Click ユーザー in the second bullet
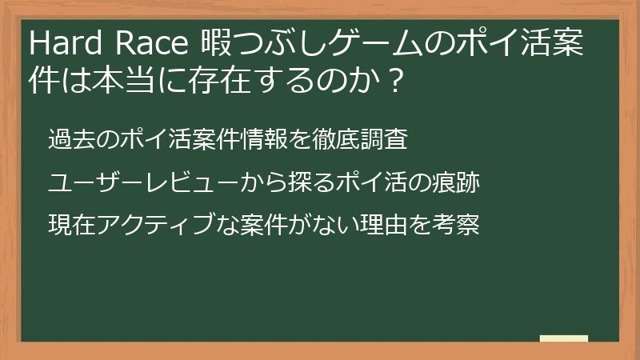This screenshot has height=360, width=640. click(95, 183)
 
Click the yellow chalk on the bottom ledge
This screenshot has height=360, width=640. click(563, 338)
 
